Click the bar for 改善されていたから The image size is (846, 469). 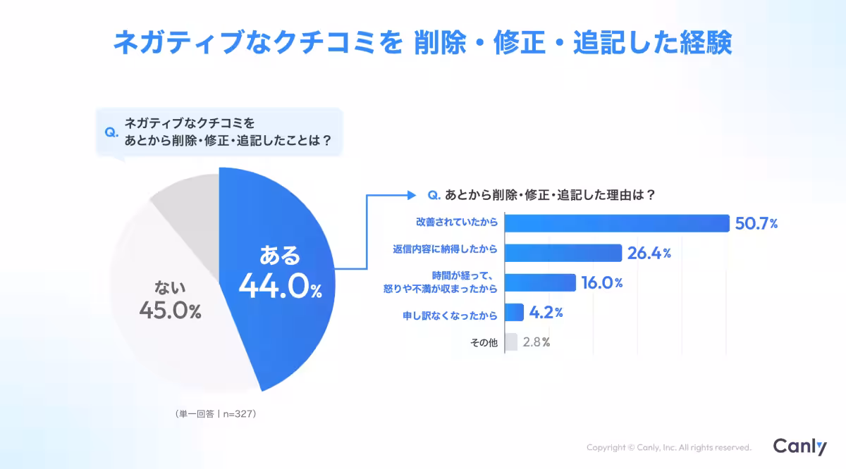[617, 223]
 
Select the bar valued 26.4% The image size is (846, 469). [563, 253]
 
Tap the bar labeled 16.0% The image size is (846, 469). [541, 282]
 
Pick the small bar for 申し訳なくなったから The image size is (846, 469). [515, 313]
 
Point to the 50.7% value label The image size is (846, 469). [756, 224]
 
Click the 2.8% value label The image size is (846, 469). [537, 343]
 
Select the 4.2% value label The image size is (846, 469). [546, 313]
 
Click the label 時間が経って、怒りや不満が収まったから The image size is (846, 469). [449, 282]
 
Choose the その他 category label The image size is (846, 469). [484, 343]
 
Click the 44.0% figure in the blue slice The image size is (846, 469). [280, 287]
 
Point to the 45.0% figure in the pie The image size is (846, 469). [170, 310]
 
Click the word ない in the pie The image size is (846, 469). [170, 287]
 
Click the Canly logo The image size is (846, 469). [799, 446]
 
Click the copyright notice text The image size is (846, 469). [668, 447]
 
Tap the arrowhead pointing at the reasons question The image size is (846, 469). [410, 194]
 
